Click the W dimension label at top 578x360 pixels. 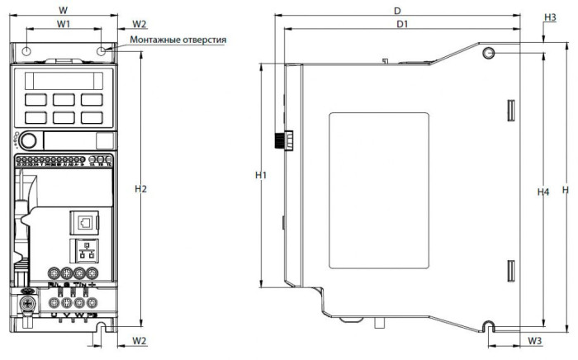64,9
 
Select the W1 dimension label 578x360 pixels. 64,25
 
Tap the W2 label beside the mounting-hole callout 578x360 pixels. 140,24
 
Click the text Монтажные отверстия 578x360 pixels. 178,40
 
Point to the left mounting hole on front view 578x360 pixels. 27,51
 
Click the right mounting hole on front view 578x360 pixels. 101,51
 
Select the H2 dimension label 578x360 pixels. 140,189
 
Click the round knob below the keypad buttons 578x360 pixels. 28,140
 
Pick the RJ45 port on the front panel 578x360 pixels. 85,222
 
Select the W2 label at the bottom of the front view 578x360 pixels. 140,340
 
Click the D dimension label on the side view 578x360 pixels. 397,11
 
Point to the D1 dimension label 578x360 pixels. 402,25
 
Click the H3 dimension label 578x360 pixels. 550,17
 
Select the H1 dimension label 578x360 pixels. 261,176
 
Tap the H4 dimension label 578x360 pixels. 543,192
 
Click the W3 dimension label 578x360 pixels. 535,340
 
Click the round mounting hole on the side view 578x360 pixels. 488,54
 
